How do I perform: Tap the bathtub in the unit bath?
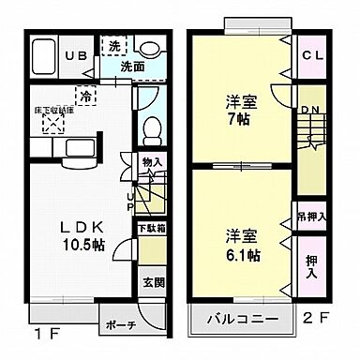43,57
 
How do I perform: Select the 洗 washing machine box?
113,46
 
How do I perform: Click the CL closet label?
312,54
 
